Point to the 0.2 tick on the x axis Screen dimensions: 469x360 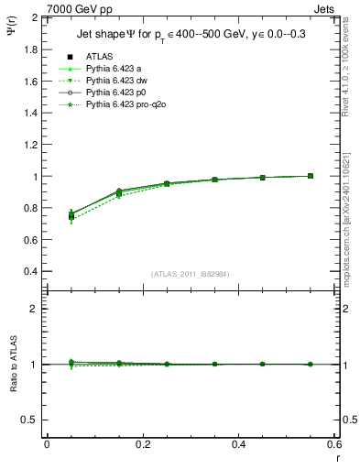pyautogui.click(x=142, y=443)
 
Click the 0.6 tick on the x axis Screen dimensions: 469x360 pyautogui.click(x=334, y=443)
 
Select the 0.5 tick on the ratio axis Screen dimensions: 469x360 pyautogui.click(x=30, y=420)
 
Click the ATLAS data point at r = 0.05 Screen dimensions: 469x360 pyautogui.click(x=71, y=216)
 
